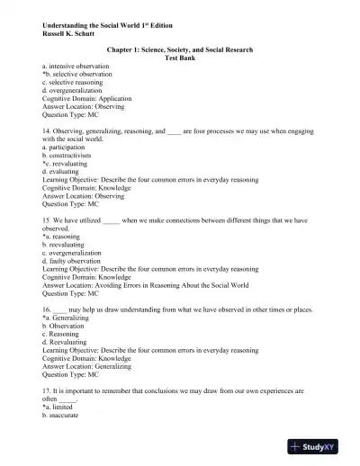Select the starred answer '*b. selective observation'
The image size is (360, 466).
click(78, 75)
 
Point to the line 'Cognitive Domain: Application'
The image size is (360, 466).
click(87, 99)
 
